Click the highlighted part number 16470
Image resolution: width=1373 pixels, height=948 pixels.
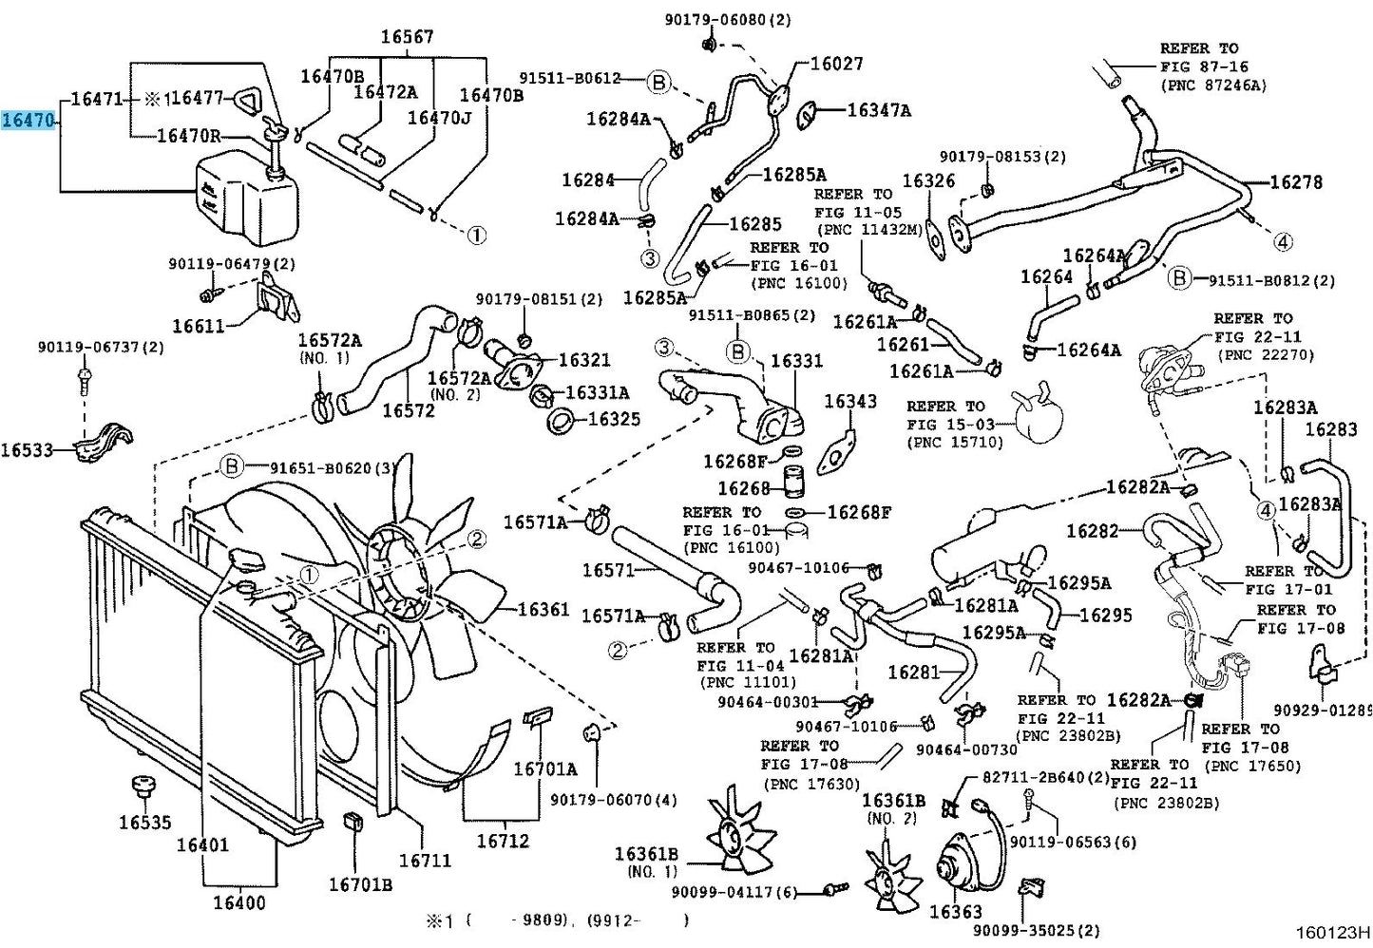click(29, 120)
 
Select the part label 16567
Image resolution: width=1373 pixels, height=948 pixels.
click(407, 37)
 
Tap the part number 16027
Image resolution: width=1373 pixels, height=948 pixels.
click(836, 64)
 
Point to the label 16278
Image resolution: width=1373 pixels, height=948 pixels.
click(1296, 182)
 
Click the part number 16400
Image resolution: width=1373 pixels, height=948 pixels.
click(239, 902)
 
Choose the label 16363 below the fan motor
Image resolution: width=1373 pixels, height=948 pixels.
click(956, 911)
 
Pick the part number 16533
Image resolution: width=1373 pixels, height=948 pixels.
click(27, 450)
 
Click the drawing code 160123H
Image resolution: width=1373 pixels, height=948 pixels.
click(1332, 933)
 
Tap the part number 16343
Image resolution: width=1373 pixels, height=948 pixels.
click(850, 402)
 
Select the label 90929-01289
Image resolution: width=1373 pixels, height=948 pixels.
click(1323, 711)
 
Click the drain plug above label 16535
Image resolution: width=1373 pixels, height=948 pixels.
click(143, 787)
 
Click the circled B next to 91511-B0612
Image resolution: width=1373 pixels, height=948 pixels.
click(658, 82)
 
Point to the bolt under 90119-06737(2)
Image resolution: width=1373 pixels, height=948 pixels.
click(84, 378)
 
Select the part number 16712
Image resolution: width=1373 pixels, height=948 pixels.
click(503, 840)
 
